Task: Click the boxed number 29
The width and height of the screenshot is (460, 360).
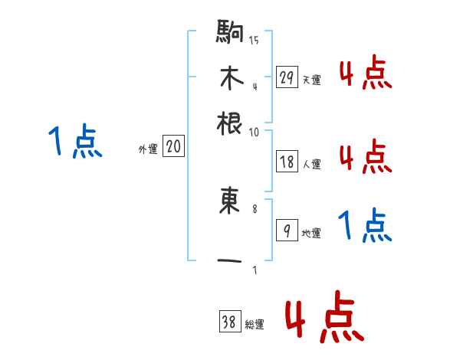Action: (287, 77)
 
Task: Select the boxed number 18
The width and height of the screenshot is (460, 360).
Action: (287, 162)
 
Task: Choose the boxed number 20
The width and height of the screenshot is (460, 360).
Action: (174, 147)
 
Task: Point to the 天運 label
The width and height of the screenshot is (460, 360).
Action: (310, 80)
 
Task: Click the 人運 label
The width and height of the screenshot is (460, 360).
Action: (310, 164)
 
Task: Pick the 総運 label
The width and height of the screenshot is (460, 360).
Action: (255, 325)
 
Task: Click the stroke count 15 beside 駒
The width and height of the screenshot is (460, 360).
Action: (254, 39)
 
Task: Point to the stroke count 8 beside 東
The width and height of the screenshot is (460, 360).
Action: (254, 208)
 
